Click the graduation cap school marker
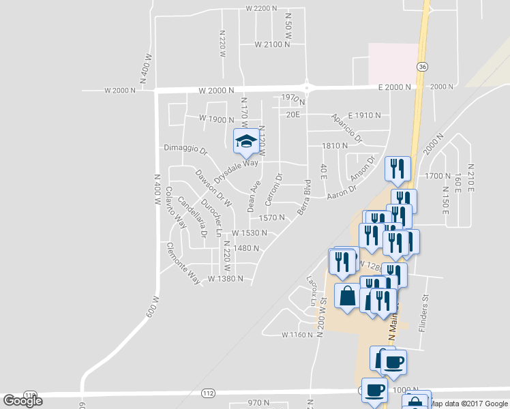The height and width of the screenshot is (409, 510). [245, 141]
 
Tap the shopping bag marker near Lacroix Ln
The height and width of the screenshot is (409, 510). [347, 297]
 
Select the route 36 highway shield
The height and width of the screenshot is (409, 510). [423, 67]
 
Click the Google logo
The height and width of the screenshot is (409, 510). [22, 401]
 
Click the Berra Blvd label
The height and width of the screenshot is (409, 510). [303, 197]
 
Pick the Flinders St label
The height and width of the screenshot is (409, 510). [423, 308]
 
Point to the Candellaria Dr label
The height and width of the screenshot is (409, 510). [192, 217]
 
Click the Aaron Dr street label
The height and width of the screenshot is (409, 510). [342, 194]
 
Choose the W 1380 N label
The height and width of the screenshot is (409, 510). [226, 279]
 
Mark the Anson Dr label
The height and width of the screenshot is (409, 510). [363, 170]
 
